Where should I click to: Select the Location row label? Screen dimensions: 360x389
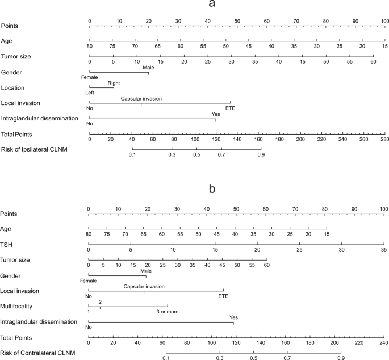point(12,88)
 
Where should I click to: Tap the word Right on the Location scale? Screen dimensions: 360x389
point(114,82)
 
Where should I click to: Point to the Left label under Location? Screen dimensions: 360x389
point(90,93)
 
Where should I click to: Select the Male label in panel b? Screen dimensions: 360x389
point(147,271)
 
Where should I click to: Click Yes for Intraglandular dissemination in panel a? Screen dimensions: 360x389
point(215,114)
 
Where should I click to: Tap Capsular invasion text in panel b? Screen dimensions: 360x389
point(144,287)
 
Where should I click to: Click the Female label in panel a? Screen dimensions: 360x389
point(90,77)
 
